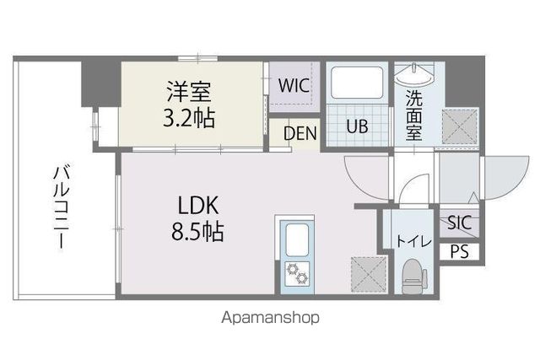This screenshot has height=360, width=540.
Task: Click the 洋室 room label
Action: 188,89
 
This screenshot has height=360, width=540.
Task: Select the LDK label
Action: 198,205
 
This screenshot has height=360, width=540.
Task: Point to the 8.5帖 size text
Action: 198,231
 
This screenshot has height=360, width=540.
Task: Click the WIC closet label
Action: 294,85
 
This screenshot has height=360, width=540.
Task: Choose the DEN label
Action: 300,132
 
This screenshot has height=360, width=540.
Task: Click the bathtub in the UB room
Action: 358,84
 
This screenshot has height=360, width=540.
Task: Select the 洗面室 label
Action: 413,115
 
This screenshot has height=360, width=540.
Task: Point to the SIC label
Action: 459,223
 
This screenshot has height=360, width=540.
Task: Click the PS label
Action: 459,250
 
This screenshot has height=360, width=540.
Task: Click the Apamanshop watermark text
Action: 270,319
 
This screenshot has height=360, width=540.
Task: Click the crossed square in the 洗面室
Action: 459,126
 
